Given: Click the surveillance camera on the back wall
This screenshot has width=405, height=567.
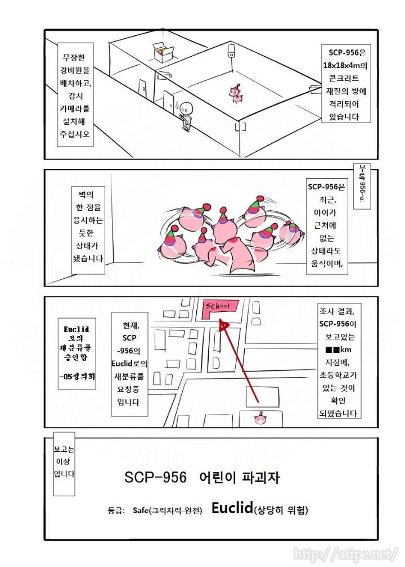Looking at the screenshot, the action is click(x=231, y=52).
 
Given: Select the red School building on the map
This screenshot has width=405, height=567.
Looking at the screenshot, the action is click(x=218, y=308).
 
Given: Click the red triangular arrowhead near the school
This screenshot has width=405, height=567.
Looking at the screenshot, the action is click(x=224, y=325).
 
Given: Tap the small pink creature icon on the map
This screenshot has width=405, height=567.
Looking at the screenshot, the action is click(x=259, y=419).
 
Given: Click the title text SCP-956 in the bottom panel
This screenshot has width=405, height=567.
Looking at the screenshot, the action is click(x=155, y=478).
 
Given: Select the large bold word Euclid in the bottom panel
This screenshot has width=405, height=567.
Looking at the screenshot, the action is click(x=232, y=508).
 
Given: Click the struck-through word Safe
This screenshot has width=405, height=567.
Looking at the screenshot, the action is click(x=140, y=511).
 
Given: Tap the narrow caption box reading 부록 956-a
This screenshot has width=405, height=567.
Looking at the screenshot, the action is click(x=360, y=186).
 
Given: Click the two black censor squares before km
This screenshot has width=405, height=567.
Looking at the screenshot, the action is click(x=333, y=350).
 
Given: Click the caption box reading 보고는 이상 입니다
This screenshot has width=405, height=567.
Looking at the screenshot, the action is click(x=64, y=464).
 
